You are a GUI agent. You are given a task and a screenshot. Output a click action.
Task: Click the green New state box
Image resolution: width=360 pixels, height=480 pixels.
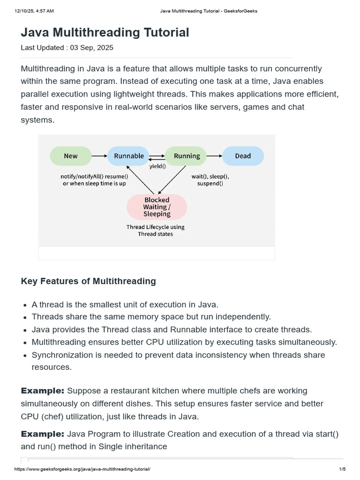point(71,156)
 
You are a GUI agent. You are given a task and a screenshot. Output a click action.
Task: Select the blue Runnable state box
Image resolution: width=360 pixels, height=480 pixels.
point(129,156)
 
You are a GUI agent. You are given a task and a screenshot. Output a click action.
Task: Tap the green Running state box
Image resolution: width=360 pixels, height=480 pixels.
point(187,156)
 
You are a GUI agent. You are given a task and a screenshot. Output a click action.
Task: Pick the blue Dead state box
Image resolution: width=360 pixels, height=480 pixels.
point(243,156)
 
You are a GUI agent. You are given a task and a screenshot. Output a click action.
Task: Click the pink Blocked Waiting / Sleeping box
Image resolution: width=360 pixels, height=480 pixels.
point(157,207)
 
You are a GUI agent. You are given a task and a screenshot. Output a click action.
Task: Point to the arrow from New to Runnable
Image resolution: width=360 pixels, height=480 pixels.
point(99,156)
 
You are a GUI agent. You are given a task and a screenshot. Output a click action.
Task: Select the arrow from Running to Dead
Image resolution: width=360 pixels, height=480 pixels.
point(214,156)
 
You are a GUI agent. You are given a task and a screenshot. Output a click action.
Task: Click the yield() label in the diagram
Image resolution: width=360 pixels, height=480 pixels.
point(157,166)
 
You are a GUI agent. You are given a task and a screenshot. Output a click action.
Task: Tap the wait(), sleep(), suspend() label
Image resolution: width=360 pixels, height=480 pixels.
point(210,180)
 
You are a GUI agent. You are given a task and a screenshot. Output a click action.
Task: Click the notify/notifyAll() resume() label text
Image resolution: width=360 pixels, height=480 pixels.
point(94,177)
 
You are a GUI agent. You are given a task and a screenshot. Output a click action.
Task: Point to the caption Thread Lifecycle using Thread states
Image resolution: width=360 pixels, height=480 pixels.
point(155,230)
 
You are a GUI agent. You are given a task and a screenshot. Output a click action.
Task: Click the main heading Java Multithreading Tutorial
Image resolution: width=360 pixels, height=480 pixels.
point(105,32)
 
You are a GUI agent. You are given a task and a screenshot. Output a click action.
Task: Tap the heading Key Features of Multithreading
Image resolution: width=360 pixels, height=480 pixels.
point(88,281)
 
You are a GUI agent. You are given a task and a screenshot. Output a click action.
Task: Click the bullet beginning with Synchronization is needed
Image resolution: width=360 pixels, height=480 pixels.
point(178,355)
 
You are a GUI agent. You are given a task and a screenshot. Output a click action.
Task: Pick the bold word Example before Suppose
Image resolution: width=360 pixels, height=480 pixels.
point(43,390)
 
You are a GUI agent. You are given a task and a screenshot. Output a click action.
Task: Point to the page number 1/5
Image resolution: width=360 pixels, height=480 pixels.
point(342,469)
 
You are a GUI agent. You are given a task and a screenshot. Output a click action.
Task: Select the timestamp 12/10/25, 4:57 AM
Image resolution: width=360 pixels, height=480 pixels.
point(34,11)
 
